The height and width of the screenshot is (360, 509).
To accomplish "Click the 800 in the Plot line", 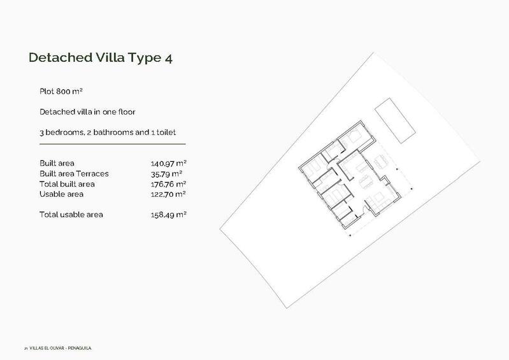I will pos(64,92).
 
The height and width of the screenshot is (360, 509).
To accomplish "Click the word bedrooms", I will pos(66,133).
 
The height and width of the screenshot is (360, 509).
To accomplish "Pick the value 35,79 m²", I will pos(164,174).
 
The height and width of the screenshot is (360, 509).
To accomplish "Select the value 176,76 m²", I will pos(164,184).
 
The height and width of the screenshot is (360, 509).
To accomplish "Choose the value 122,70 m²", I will pos(164,194).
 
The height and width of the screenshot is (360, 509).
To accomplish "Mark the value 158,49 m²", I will pos(164,215).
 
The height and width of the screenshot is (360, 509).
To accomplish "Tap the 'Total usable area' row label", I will pos(71,215).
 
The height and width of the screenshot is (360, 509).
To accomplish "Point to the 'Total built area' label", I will pos(66,184).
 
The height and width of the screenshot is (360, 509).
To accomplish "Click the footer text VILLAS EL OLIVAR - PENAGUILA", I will pos(62,349).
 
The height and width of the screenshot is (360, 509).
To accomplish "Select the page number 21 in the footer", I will pos(25,349).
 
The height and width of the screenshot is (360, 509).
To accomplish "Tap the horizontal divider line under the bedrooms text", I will pos(112,144).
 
